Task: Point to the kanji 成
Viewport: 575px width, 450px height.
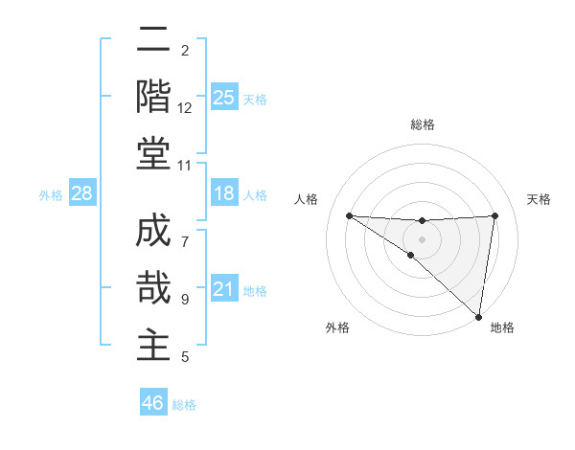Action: click(153, 236)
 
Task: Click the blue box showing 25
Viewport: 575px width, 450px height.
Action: click(223, 98)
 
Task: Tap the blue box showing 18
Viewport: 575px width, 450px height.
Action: click(223, 194)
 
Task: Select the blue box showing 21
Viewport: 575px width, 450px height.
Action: click(223, 290)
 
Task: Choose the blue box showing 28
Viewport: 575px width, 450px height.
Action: click(82, 194)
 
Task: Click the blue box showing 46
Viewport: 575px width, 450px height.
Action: click(153, 403)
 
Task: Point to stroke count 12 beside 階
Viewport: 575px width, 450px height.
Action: click(185, 108)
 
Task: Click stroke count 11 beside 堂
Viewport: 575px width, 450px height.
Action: click(185, 166)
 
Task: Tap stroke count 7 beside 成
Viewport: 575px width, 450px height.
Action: click(185, 231)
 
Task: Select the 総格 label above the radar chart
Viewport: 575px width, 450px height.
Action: click(423, 124)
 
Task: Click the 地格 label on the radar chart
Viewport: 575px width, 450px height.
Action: click(502, 327)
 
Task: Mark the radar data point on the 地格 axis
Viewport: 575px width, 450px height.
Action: click(478, 316)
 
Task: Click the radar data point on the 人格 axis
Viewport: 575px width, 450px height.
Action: click(349, 215)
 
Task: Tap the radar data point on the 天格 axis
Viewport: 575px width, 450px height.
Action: click(494, 215)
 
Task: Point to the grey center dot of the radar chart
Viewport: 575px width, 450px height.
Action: click(422, 238)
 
